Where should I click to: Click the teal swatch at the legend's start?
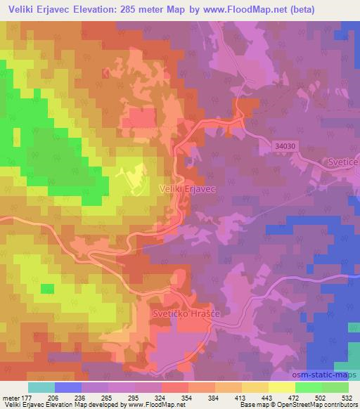coord(41,387)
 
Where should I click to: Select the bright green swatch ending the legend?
coord(335,387)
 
